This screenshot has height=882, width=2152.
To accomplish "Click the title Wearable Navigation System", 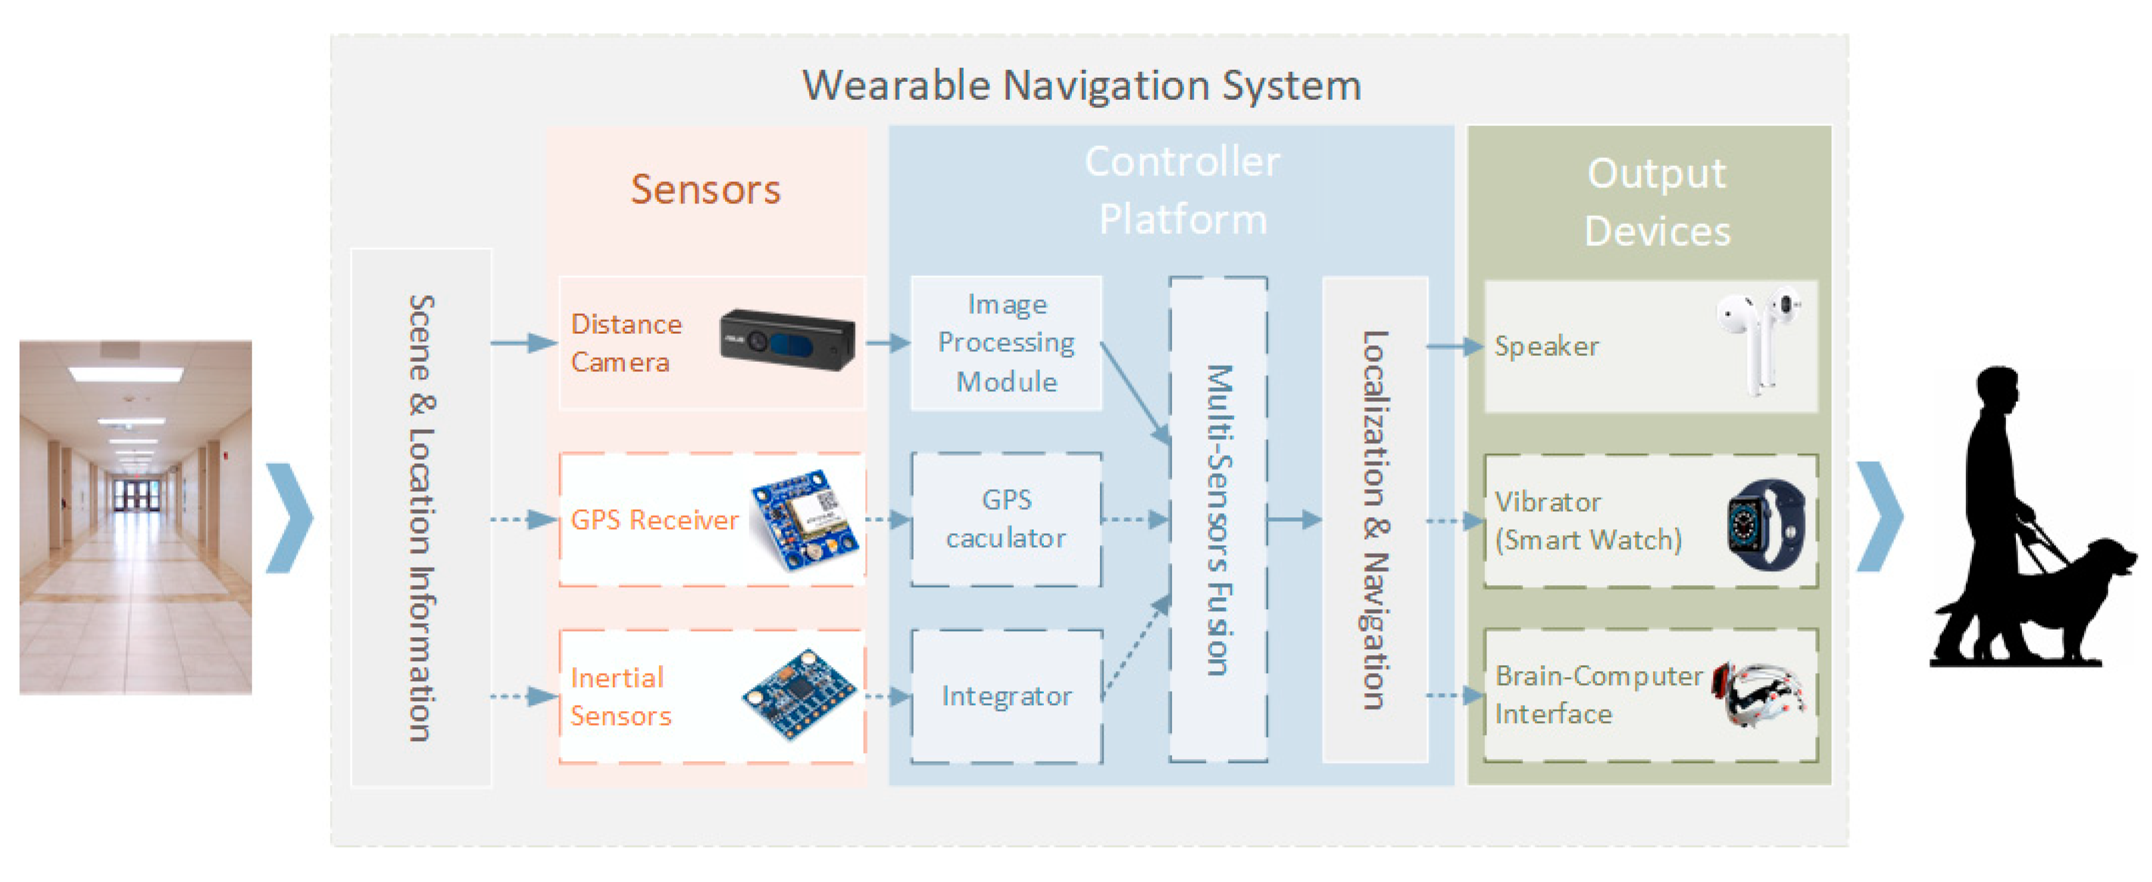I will (x=1081, y=85).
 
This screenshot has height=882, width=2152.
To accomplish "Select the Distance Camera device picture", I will (x=787, y=339).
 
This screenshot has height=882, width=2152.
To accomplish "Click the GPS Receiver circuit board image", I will (x=804, y=520).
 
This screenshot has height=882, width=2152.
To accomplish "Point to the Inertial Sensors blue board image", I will (x=800, y=695).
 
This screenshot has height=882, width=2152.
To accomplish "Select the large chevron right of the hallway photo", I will (x=290, y=518).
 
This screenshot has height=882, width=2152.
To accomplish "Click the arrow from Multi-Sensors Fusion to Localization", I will (x=1293, y=520).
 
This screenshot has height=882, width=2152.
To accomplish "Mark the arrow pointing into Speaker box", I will (x=1454, y=346).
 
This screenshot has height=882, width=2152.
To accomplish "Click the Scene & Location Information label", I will (x=421, y=518).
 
